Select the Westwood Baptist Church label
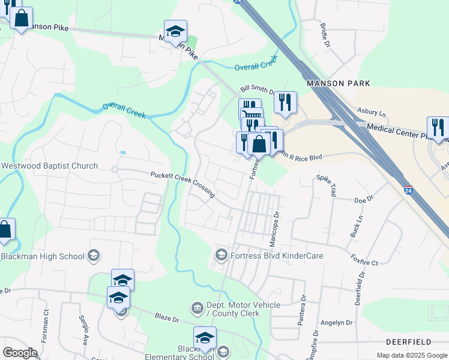(49, 166)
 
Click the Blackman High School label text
(42, 256)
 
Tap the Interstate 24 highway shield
(408, 190)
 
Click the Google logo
(20, 353)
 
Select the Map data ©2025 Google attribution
(411, 355)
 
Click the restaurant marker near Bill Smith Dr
(286, 103)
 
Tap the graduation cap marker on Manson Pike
(175, 32)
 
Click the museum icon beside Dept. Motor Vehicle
(197, 308)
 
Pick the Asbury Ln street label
(371, 112)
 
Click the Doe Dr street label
(364, 199)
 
